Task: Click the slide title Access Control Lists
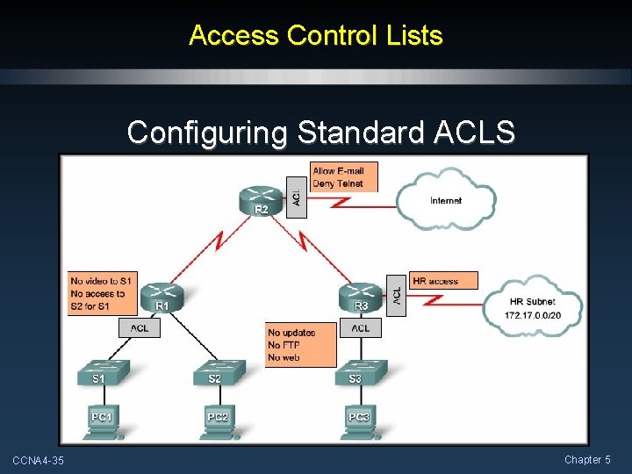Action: click(x=315, y=36)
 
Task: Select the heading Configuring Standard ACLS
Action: click(x=320, y=133)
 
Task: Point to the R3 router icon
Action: click(x=361, y=296)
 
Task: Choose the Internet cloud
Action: click(x=446, y=201)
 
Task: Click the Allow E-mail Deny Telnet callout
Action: click(x=337, y=176)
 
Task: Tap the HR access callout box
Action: click(x=444, y=281)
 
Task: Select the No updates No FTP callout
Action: click(x=301, y=345)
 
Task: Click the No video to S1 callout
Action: click(x=103, y=293)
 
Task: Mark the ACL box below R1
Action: click(x=140, y=327)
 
